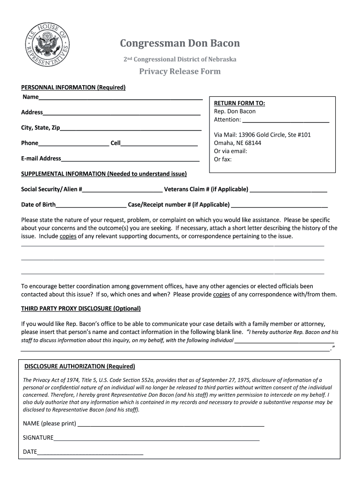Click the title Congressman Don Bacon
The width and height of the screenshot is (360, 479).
[180, 44]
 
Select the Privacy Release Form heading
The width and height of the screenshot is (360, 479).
[180, 72]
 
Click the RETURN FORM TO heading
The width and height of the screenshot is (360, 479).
[239, 103]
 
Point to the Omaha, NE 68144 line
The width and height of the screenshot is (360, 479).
[238, 143]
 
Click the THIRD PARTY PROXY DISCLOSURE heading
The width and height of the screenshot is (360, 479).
[81, 309]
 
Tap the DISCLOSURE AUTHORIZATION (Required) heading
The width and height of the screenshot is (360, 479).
[79, 366]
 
